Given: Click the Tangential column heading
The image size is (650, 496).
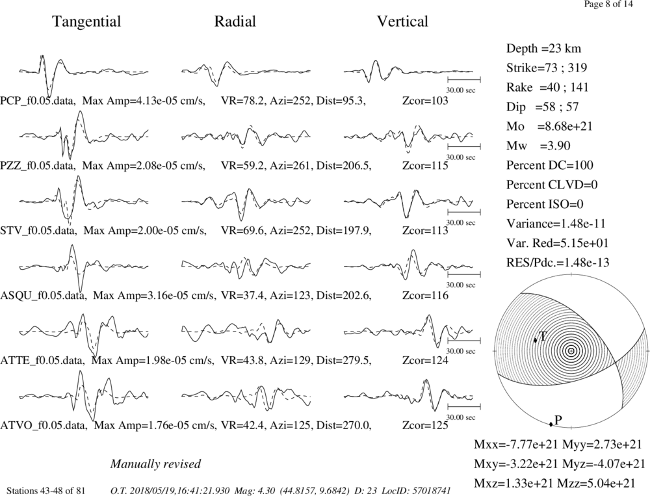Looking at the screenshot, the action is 86,22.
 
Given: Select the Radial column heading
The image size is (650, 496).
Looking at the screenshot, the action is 235,21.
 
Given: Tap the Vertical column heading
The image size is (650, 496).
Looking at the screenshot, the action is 402,21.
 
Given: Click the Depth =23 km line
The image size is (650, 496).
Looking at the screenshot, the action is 543,49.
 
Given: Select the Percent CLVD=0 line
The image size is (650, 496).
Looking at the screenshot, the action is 552,185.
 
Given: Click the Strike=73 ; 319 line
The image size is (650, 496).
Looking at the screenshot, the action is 547,68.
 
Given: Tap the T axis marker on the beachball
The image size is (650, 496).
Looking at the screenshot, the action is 535,340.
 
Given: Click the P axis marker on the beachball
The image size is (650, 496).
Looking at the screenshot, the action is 551,424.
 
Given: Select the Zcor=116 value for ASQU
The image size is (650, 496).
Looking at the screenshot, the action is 425,296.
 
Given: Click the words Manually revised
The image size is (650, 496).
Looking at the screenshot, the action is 155,463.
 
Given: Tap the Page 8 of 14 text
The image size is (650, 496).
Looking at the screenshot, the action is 608,5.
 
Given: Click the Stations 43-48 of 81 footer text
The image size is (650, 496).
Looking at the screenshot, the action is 46,491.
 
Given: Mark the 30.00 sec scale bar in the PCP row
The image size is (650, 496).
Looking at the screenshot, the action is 464,79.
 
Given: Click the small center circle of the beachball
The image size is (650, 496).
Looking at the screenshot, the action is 571,351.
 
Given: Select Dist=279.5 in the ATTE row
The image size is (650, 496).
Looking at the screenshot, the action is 342,361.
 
